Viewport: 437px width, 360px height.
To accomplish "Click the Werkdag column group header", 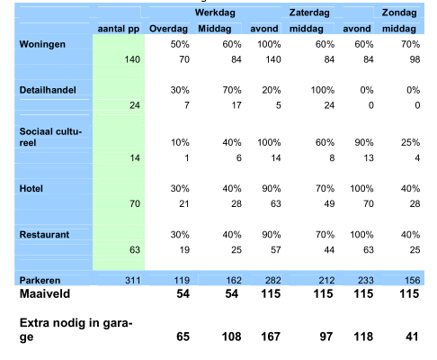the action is (215, 13).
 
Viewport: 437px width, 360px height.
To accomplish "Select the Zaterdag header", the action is (309, 13).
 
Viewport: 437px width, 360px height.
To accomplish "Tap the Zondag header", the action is (399, 13).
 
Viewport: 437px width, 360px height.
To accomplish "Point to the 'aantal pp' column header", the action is (119, 29).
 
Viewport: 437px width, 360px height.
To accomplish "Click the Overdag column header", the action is (168, 29).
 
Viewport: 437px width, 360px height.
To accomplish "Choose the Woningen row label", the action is (42, 44).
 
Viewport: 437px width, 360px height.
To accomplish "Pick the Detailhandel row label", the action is (48, 90).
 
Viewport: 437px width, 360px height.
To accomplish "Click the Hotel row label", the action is (31, 188).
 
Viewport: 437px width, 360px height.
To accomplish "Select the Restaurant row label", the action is (44, 234).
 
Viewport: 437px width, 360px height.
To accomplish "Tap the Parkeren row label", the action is (40, 280).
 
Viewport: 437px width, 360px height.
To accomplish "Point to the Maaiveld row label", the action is (45, 293).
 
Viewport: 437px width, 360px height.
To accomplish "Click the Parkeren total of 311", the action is (132, 280).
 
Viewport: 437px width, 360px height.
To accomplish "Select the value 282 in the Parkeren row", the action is (272, 280).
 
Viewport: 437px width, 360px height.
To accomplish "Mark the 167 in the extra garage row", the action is (271, 337).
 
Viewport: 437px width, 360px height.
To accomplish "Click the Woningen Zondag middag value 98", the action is (415, 59).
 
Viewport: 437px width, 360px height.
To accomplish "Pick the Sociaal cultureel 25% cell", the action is (410, 142).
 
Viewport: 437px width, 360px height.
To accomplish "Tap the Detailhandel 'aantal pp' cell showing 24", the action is (135, 105).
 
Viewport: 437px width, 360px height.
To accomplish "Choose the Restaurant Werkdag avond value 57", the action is (276, 250).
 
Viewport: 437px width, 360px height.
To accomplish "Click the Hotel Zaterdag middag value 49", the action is (329, 204).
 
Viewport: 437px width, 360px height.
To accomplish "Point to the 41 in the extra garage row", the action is (412, 337).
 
